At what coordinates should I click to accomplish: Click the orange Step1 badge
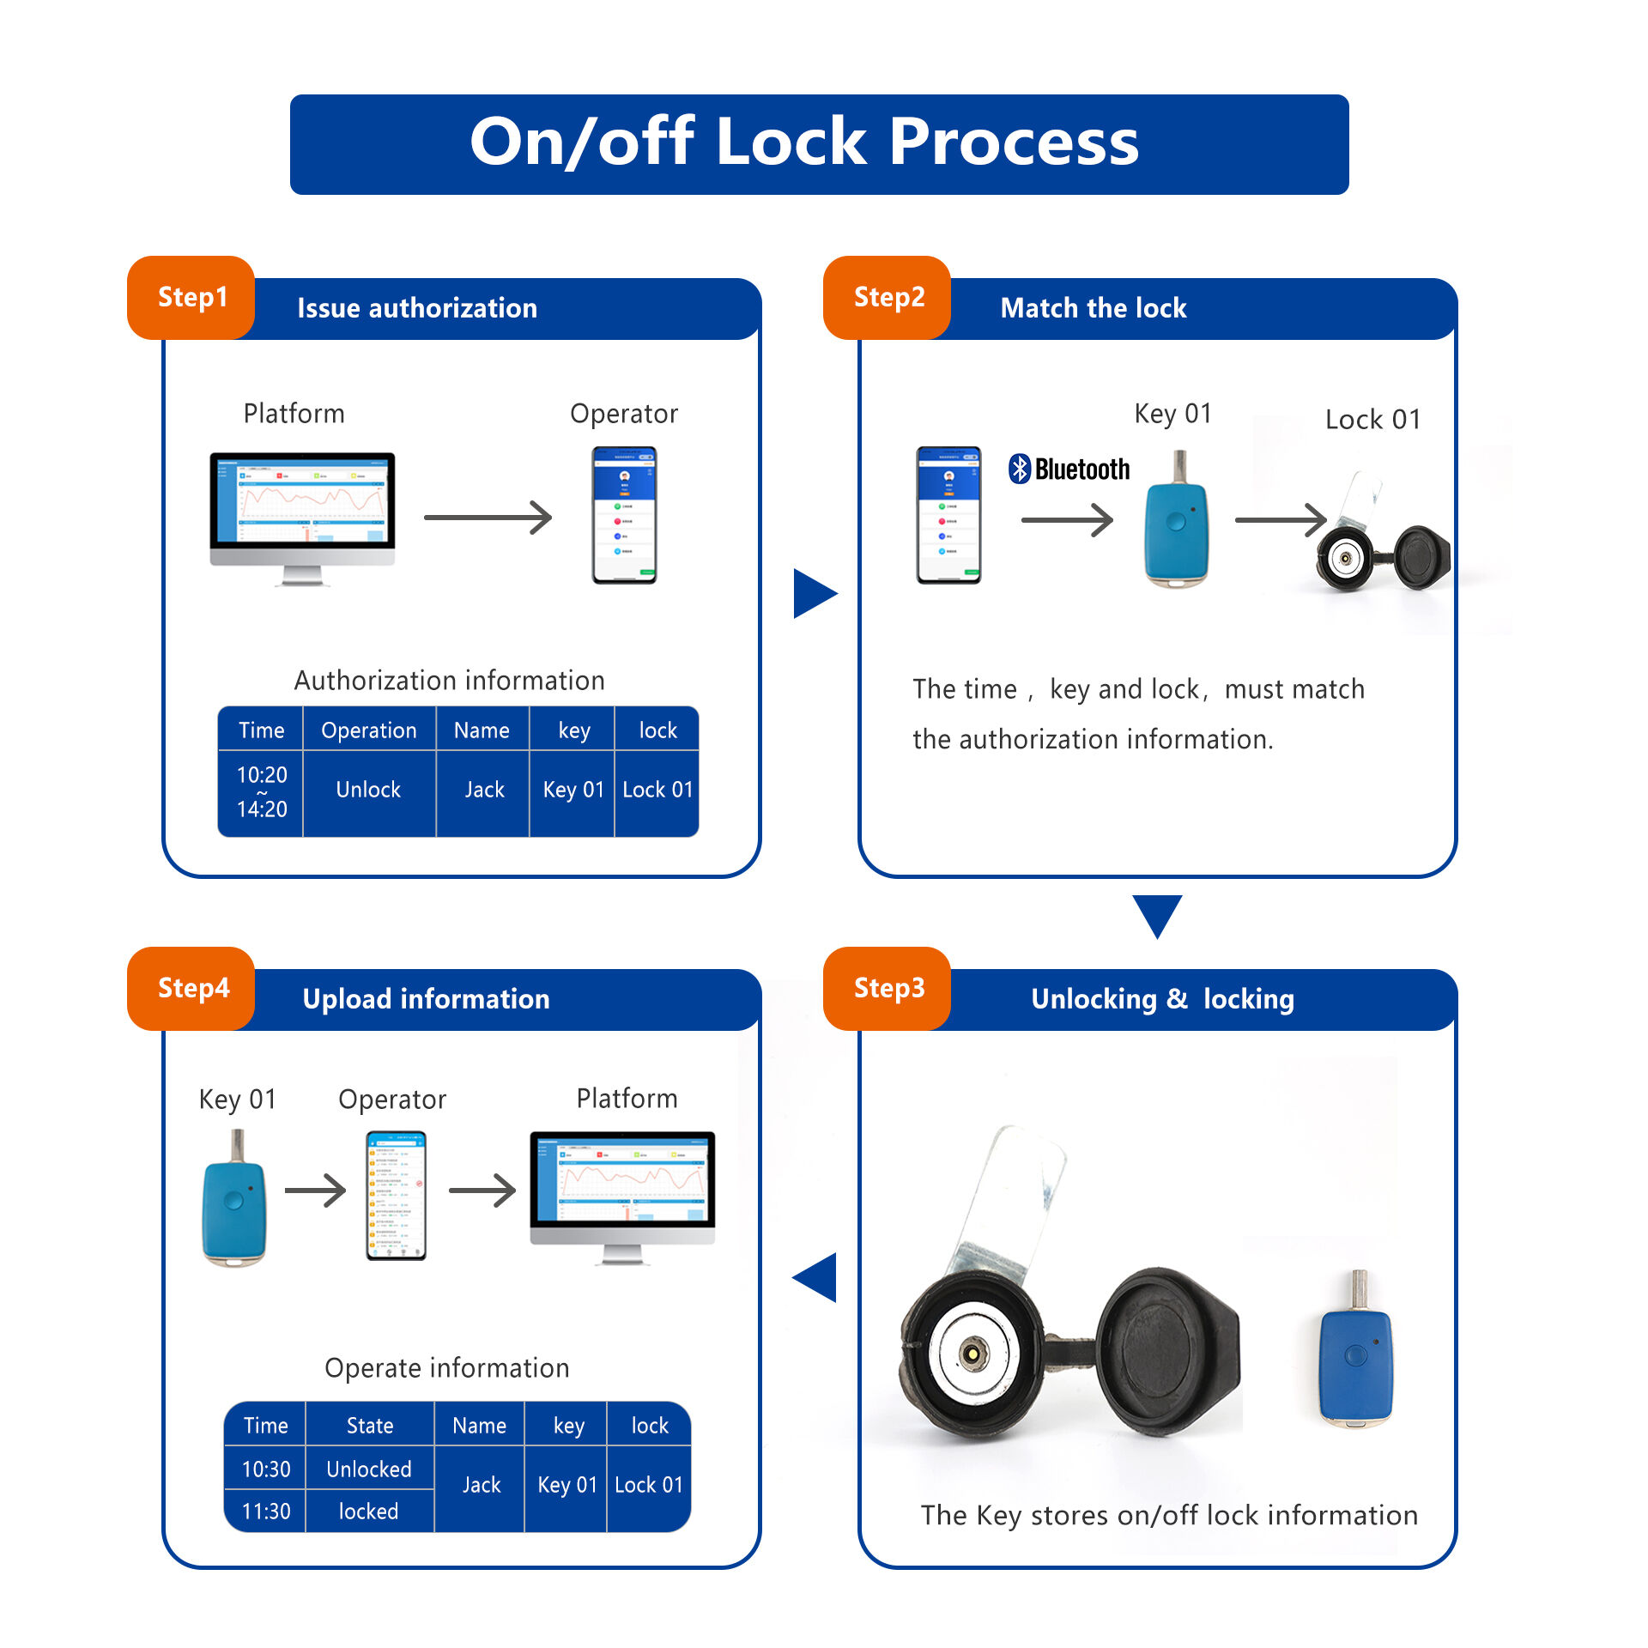[x=191, y=297]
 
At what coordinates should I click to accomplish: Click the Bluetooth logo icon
[x=1019, y=469]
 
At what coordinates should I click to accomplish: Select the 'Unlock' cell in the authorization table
[x=368, y=790]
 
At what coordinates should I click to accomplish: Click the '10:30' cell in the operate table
[x=266, y=1469]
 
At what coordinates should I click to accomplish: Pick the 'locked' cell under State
[x=368, y=1511]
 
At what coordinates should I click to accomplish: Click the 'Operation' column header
[x=368, y=730]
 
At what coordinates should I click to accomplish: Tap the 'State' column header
[x=370, y=1426]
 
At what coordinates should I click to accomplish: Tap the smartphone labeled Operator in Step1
[x=624, y=515]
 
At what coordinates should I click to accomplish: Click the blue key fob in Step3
[x=1355, y=1356]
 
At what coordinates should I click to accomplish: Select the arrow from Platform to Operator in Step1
[x=488, y=518]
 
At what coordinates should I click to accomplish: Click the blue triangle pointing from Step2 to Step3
[x=1157, y=914]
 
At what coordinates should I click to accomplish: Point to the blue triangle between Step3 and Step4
[x=816, y=1276]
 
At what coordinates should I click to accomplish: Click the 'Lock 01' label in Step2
[x=1372, y=420]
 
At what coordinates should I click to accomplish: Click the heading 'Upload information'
[x=426, y=999]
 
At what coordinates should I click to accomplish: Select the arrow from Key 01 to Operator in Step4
[x=315, y=1190]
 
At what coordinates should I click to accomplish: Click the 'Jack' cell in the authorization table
[x=484, y=790]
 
